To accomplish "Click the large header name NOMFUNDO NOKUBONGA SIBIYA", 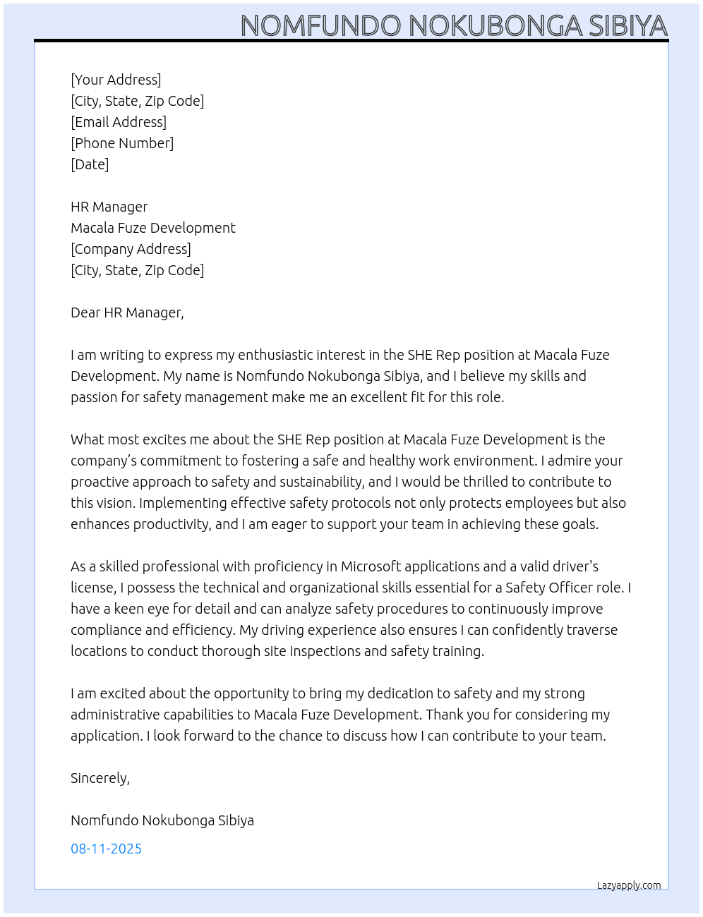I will pos(454,25).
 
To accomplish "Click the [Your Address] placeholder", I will pos(116,80).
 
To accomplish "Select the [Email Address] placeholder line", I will pos(119,122).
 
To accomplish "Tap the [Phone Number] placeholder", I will pos(122,143).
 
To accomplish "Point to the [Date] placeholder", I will pos(90,164).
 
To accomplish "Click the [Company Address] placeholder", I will pos(131,249).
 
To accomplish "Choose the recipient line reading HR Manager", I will pos(109,207).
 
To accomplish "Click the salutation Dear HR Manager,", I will pos(127,312).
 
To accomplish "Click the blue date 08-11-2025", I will pos(106,849).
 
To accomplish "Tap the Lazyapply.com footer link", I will pos(629,885).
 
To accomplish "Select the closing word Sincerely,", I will pos(100,778).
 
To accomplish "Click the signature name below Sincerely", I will pos(162,820).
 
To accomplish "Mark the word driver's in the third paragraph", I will pos(572,566).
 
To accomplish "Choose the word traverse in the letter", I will pos(589,630).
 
